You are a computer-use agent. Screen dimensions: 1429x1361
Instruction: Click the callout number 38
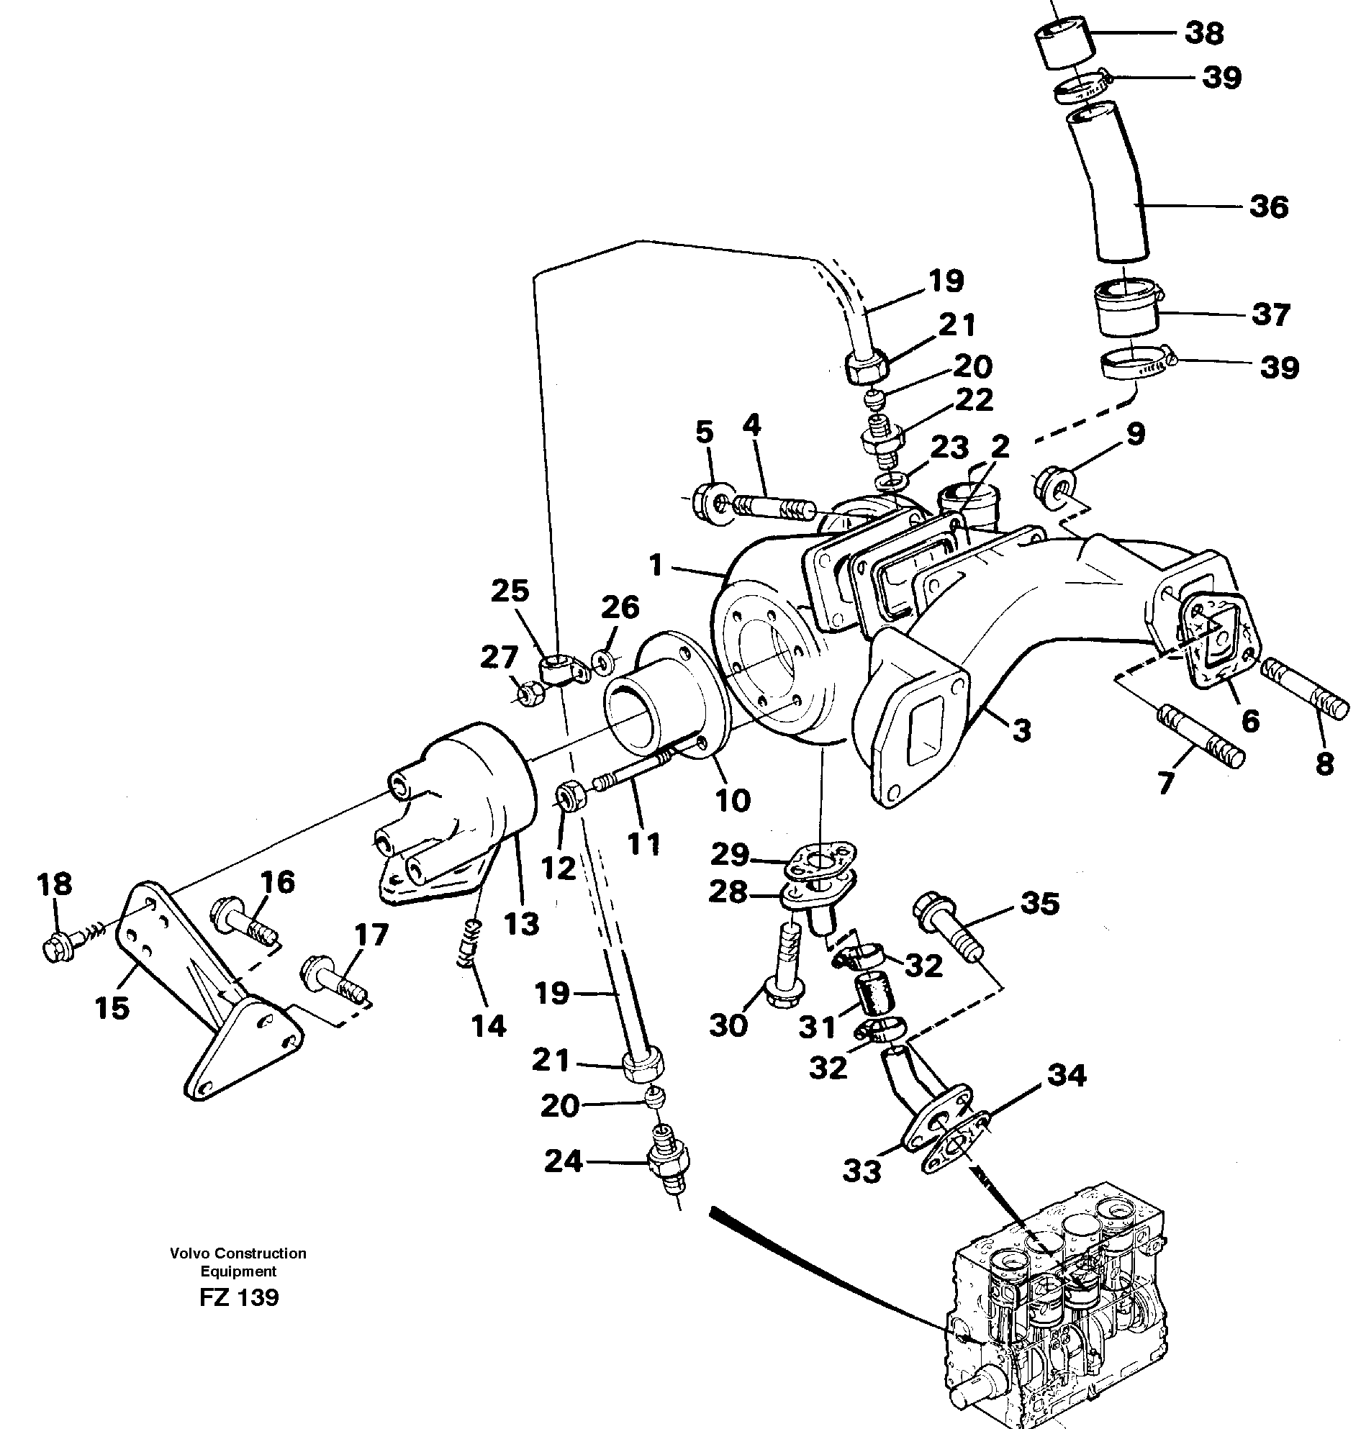1204,33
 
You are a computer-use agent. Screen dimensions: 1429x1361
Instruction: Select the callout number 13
523,924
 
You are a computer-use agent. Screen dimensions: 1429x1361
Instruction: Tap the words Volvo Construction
238,1253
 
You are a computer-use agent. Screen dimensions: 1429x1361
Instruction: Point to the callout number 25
510,591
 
